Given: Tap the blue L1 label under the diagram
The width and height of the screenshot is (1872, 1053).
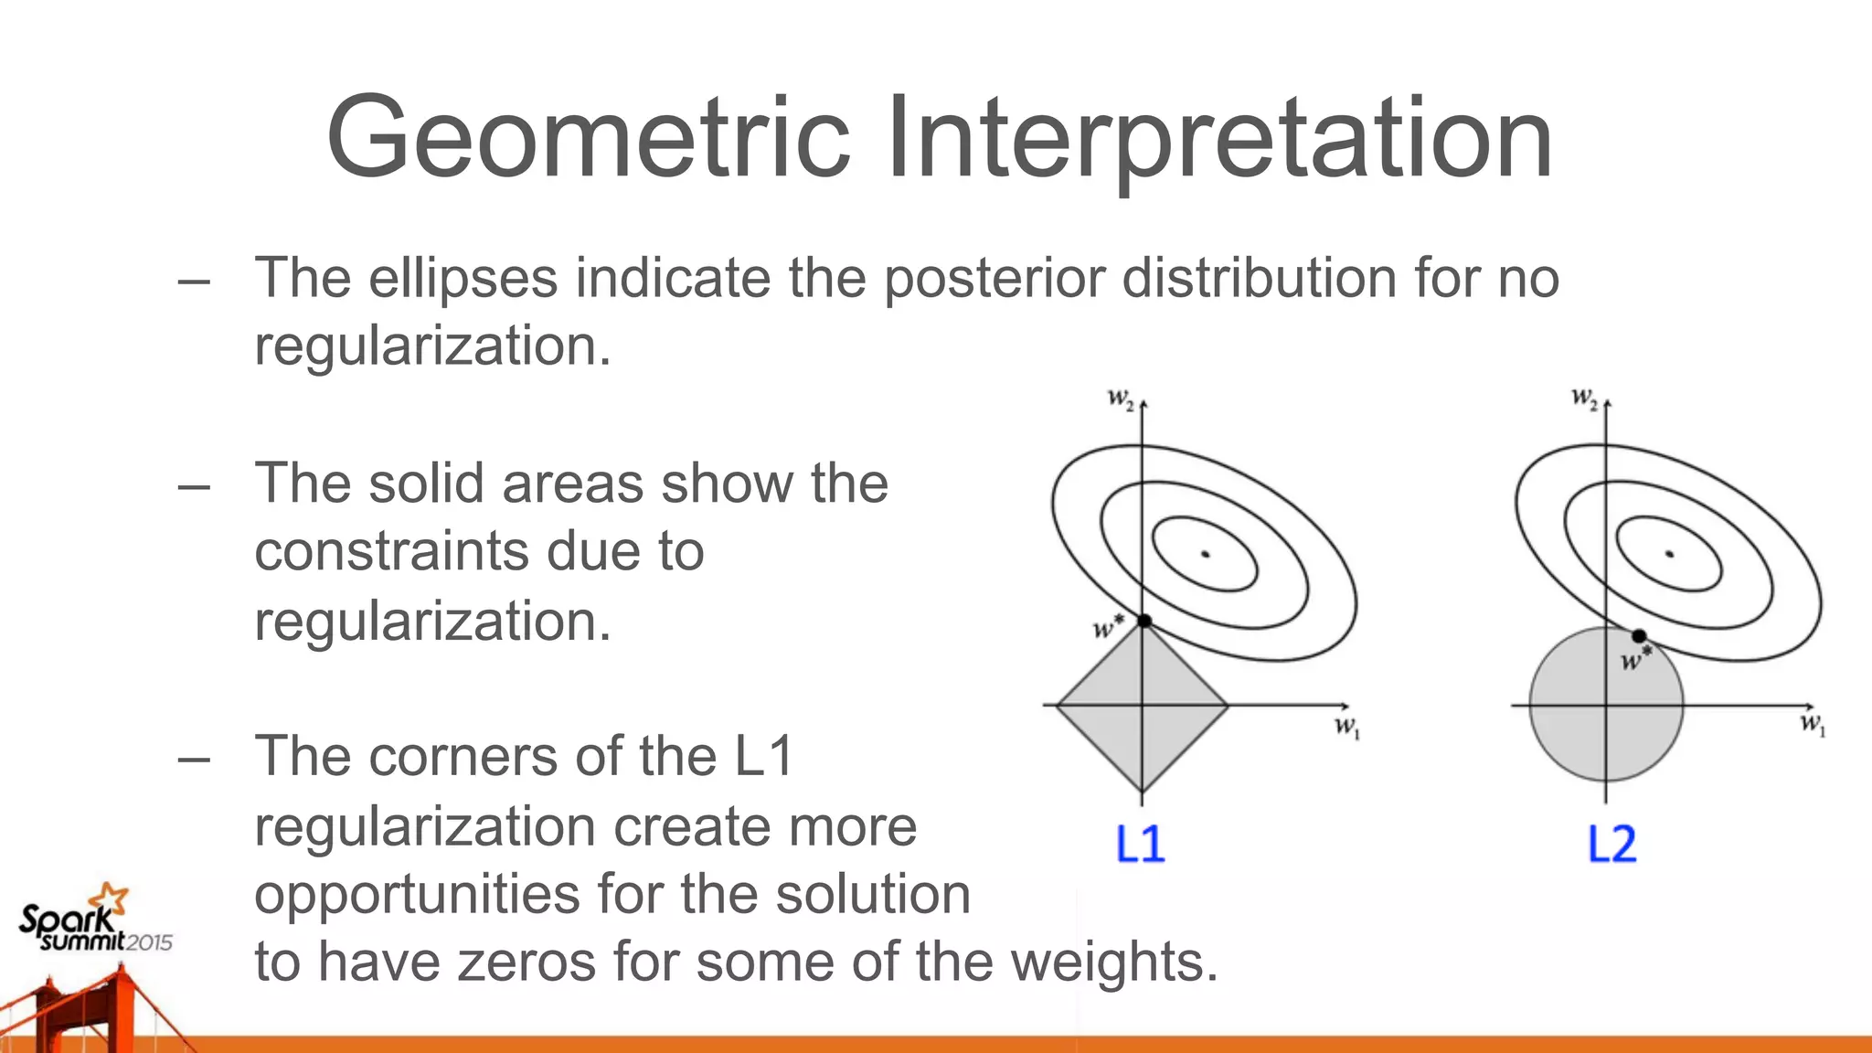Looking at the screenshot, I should click(x=1140, y=844).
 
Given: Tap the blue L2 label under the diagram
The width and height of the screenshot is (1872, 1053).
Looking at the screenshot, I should click(x=1611, y=844).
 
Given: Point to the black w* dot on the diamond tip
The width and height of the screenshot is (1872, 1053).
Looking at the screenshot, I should click(x=1143, y=622).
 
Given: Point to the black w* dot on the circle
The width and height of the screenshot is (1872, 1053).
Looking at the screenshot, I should click(x=1639, y=636).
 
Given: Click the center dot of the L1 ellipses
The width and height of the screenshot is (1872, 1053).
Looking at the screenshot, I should click(x=1206, y=554).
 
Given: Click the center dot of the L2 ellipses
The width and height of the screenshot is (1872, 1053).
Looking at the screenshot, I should click(x=1670, y=554).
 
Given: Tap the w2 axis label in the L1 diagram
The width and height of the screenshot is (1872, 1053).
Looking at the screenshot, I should click(x=1121, y=399).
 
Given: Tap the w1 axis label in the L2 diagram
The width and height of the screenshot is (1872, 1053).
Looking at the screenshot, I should click(x=1812, y=726).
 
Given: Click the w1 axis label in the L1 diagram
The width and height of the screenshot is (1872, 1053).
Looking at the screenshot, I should click(x=1346, y=729).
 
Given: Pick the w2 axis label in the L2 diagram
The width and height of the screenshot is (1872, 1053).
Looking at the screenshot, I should click(x=1584, y=399).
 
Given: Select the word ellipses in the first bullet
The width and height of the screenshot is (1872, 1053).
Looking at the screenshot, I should click(x=463, y=278).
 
